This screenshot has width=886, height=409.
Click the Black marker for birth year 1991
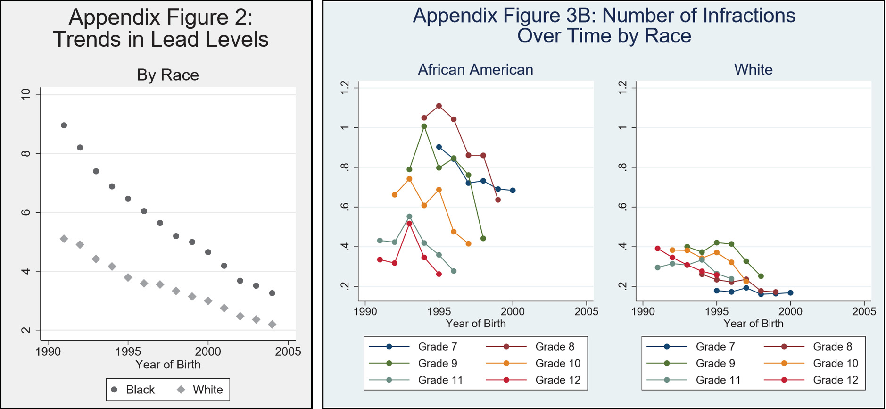coord(64,125)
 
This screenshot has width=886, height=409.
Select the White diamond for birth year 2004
coord(272,325)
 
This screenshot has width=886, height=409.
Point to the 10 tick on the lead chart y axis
coord(26,94)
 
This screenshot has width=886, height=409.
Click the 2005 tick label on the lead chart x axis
coord(288,352)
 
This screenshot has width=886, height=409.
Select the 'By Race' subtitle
coord(168,75)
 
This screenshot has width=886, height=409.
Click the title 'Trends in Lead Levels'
coord(161,39)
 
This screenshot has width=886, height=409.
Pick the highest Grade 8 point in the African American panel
coord(439,106)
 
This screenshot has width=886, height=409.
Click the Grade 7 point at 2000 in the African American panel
coord(513,191)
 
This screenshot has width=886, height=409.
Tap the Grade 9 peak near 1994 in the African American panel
coord(424,126)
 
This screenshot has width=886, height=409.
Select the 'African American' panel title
coord(475,70)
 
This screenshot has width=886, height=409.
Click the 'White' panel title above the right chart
coord(753,70)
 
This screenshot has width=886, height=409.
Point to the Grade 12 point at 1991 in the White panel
coord(658,249)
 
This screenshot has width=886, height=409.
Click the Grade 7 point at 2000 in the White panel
coord(790,293)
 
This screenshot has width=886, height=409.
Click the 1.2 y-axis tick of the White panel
coord(623,87)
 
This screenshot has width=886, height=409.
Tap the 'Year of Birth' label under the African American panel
coord(475,324)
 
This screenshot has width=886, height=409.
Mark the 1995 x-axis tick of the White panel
coord(717,312)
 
